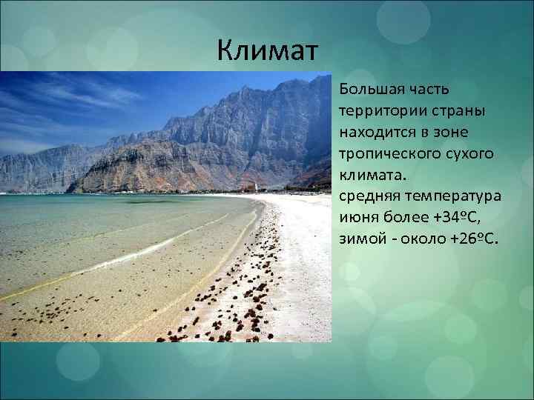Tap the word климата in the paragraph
[x=368, y=176]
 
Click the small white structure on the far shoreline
[x=257, y=187]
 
